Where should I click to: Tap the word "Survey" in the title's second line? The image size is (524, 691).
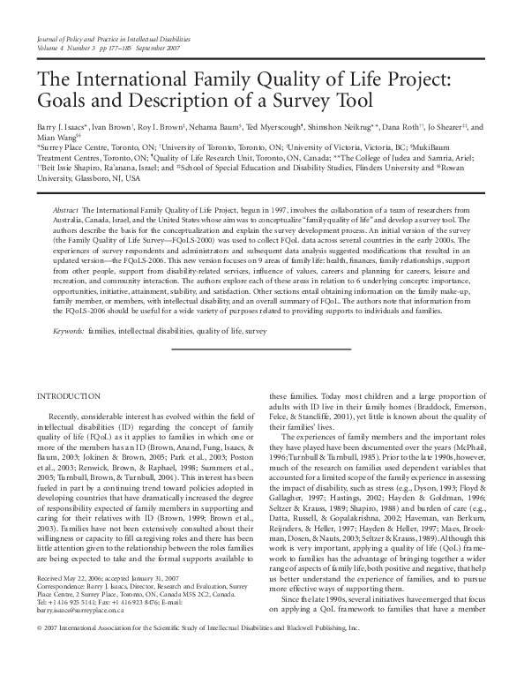301,98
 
